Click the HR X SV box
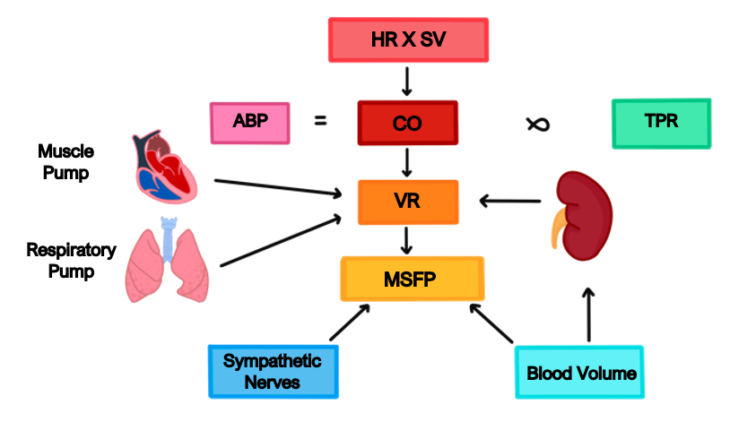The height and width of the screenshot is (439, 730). coord(408,40)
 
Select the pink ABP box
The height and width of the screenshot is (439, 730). coord(249,123)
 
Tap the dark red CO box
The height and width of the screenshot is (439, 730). coord(407,123)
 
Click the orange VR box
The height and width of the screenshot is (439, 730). coord(408,202)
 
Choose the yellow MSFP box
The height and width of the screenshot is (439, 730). coord(413,279)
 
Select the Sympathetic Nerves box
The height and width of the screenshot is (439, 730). coord(274,371)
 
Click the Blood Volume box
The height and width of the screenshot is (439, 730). coord(580,372)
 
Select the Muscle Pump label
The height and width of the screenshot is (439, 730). coord(65,162)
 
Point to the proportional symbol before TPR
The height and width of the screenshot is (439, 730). coord(537,124)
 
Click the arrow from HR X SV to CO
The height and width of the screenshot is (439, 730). coord(407,81)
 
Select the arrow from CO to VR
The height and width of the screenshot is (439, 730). coord(408,162)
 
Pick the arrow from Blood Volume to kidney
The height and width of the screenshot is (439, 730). coord(588,314)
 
